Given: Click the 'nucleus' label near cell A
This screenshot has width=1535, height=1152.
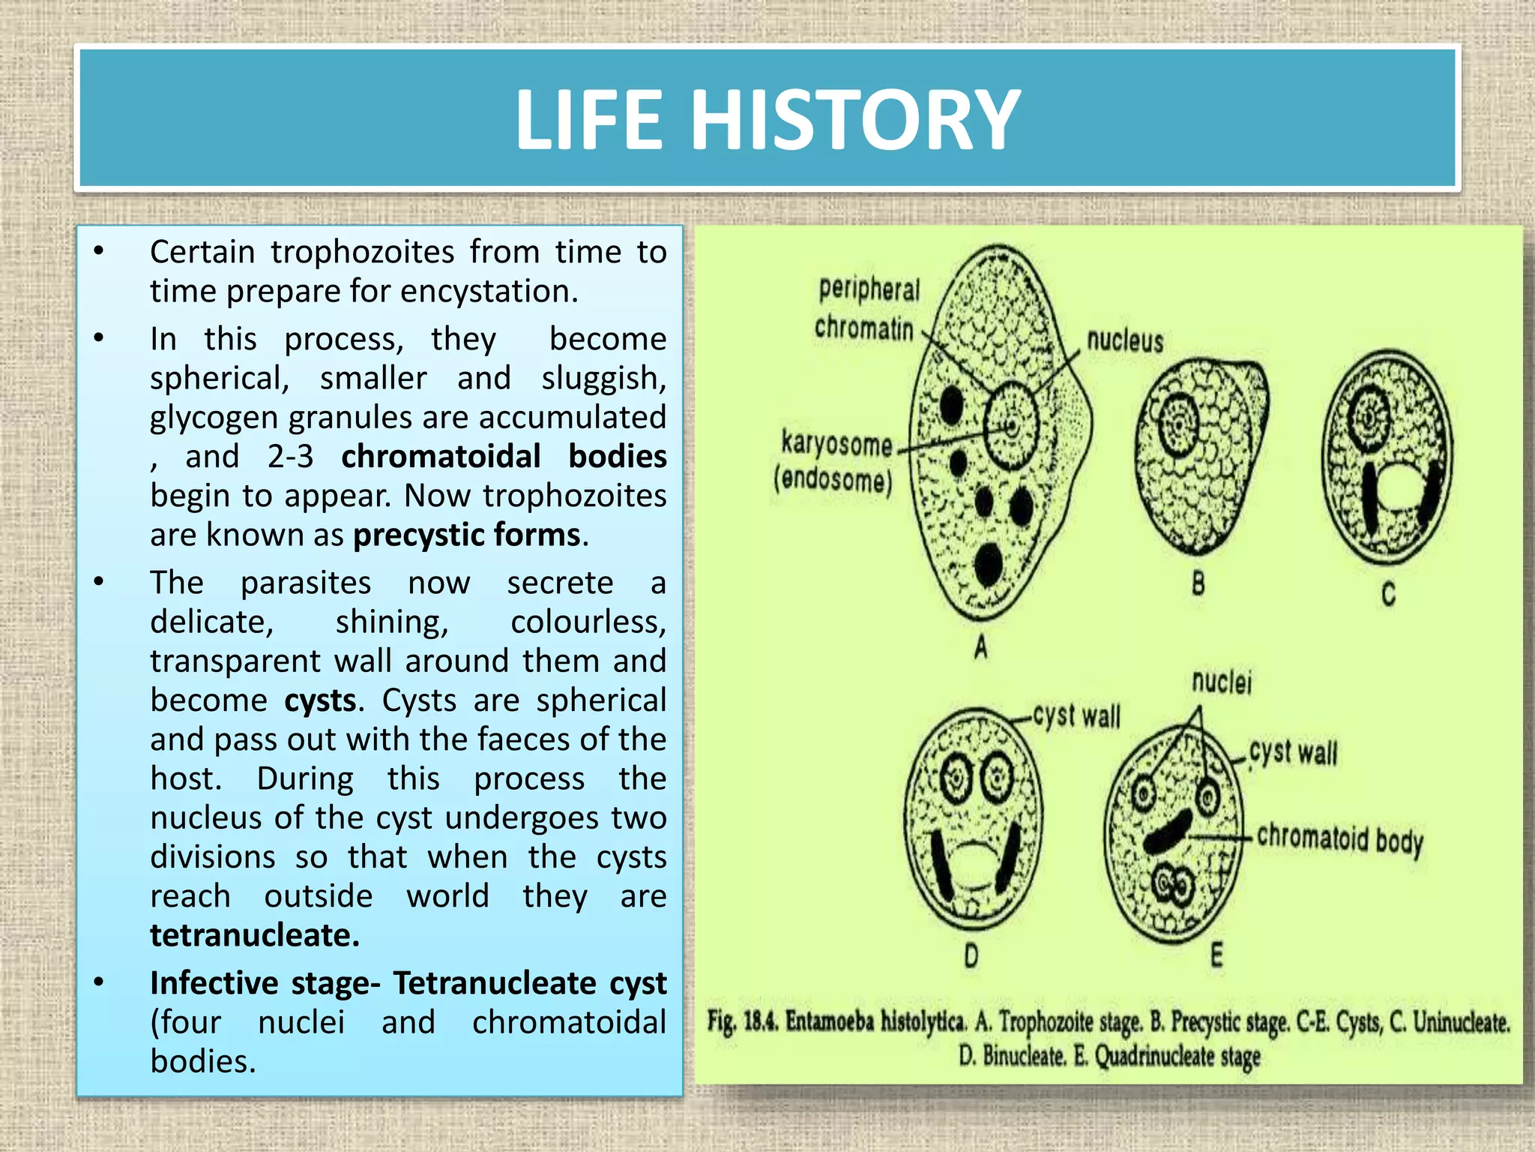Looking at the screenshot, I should tap(1125, 341).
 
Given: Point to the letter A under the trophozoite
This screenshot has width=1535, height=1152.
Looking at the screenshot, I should tap(981, 646).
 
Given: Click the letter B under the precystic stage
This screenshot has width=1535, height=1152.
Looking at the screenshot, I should tap(1198, 583).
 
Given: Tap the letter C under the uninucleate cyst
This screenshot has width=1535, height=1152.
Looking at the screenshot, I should tap(1388, 594).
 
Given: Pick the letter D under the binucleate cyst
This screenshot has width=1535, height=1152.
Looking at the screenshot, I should tap(971, 956).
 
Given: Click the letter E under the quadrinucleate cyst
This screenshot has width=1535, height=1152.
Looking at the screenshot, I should tap(1216, 955).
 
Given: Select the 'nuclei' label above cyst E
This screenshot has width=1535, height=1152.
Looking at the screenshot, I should tap(1221, 682).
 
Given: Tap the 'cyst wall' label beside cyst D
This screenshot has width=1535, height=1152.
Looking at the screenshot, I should tap(1076, 716).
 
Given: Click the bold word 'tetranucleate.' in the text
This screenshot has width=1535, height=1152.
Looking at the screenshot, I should tap(255, 935).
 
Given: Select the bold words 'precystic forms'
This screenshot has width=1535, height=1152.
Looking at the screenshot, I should tap(467, 535).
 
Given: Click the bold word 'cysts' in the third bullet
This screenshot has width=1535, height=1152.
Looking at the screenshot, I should tap(320, 700).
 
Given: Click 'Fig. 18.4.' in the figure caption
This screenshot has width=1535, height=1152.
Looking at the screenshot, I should tap(743, 1021).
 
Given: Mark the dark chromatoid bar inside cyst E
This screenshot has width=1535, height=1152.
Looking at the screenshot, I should tap(1166, 832).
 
